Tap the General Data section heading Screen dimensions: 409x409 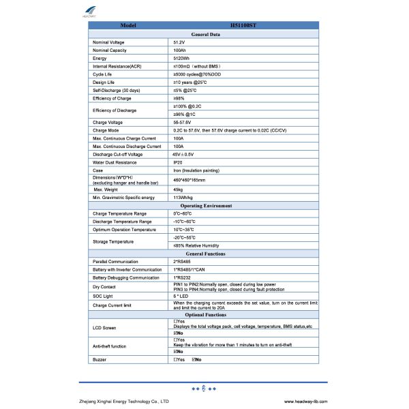point(204,34)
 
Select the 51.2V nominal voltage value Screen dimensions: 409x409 point(180,42)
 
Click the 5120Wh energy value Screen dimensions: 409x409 point(181,58)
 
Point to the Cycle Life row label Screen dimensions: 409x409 point(103,74)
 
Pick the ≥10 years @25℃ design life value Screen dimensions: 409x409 point(190,82)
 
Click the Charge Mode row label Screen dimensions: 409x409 point(106,130)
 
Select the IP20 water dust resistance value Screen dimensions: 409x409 point(178,162)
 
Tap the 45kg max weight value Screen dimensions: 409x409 point(179,189)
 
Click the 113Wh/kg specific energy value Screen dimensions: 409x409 point(183,197)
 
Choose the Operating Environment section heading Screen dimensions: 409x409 point(204,205)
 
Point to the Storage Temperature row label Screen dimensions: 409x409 point(113,241)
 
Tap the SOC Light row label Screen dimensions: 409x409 point(103,295)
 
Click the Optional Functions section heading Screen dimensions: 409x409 point(204,315)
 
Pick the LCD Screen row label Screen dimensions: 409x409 point(104,328)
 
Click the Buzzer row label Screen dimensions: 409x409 point(100,359)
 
